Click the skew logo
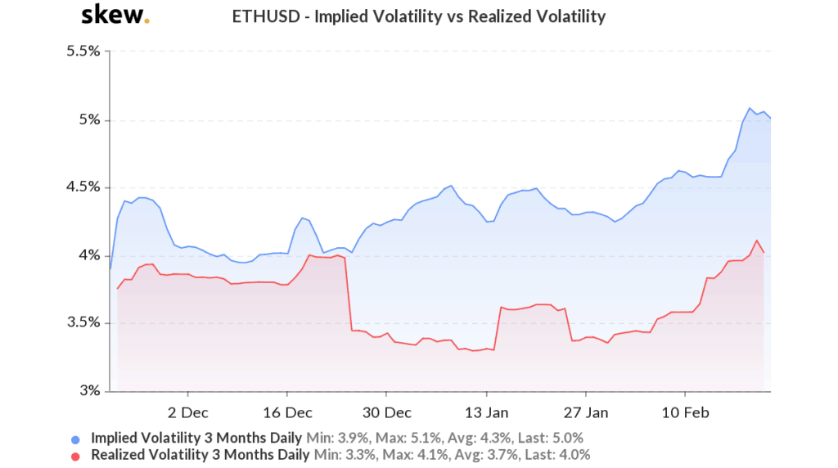click(x=115, y=15)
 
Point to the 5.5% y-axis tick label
click(x=83, y=52)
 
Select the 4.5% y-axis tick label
click(x=83, y=187)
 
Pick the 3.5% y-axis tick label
click(x=83, y=323)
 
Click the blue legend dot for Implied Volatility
click(x=76, y=438)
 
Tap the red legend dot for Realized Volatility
click(x=76, y=455)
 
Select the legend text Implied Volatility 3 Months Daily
click(x=196, y=438)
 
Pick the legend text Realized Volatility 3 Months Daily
click(x=200, y=455)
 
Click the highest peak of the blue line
click(x=749, y=108)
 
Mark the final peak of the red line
click(x=757, y=241)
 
